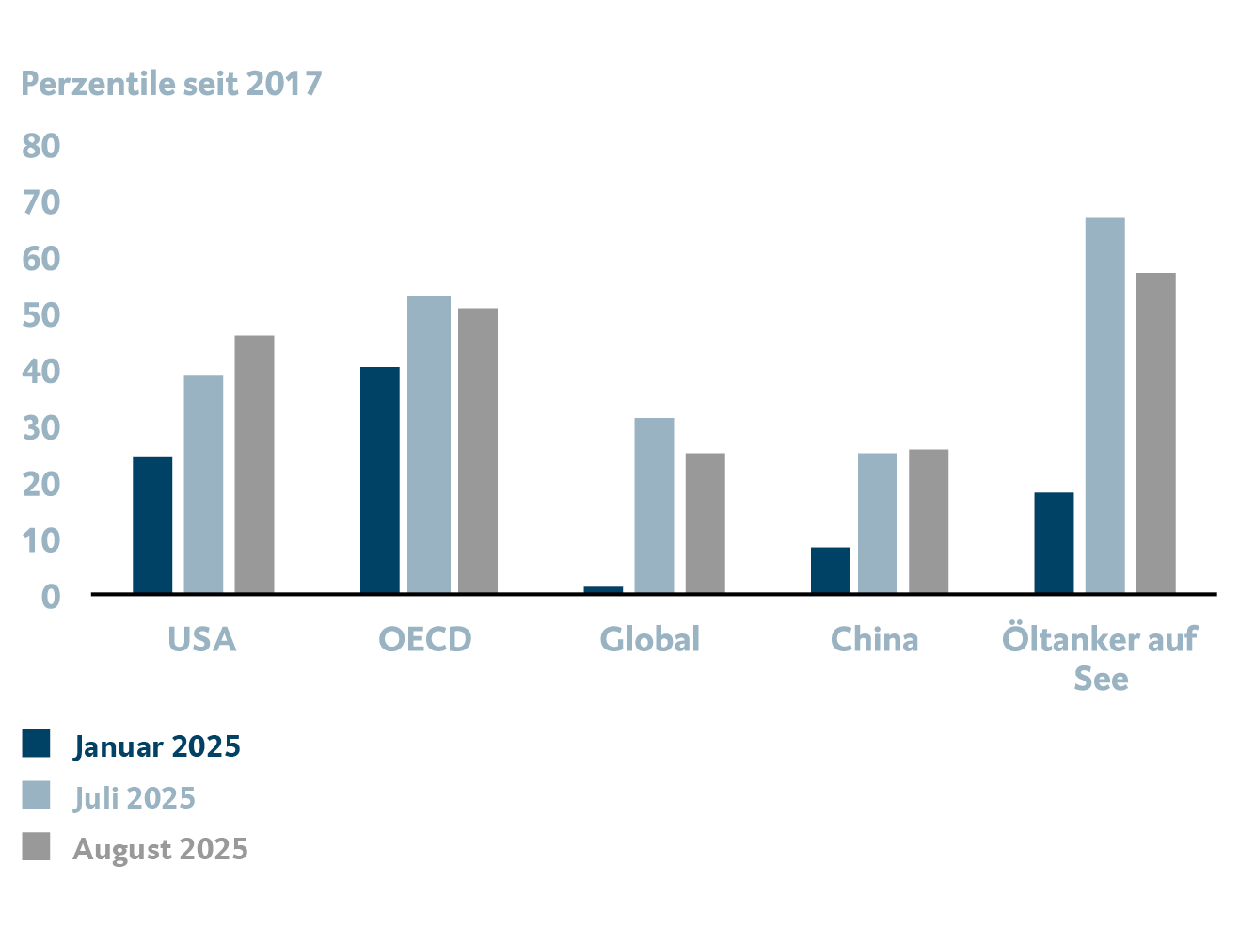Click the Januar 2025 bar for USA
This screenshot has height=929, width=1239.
coord(152,525)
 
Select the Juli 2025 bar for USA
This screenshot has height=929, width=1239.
coord(203,484)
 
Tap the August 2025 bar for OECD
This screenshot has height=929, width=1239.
coord(478,451)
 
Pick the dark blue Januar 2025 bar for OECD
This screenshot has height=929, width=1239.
coord(379,480)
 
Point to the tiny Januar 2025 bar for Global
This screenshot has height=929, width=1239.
coord(603,590)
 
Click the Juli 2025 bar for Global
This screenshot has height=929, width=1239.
coord(654,505)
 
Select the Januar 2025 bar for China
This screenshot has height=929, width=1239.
coord(831,570)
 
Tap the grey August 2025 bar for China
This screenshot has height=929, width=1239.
coord(929,521)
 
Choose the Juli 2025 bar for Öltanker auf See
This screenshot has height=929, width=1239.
coord(1104,406)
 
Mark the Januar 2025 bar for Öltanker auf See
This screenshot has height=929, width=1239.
coord(1054,543)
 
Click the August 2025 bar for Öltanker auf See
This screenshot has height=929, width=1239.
coord(1155,433)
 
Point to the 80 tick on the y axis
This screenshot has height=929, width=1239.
coord(41,146)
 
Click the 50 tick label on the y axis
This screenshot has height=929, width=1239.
coord(41,315)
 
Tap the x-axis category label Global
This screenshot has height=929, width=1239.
coord(650,640)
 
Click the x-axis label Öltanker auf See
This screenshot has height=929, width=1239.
coord(1100,658)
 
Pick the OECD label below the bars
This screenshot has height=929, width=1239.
coord(424,640)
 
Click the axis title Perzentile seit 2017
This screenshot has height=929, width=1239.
coord(171,84)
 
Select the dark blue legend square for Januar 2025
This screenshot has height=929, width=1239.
coord(36,744)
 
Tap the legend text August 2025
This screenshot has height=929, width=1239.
coord(161,849)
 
